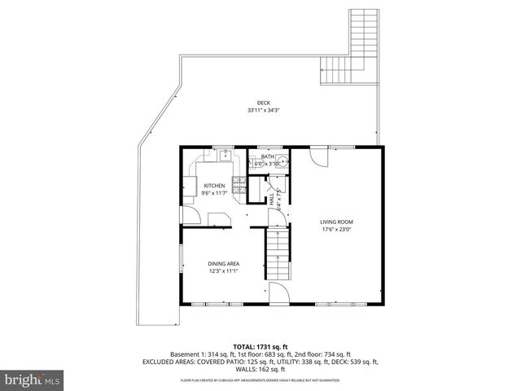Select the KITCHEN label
pos(214,186)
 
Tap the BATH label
pos(267,156)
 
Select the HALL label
pos(272,196)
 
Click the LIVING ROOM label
pos(335,222)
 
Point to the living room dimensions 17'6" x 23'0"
pos(335,229)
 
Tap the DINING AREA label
pos(222,263)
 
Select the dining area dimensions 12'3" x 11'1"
pos(222,270)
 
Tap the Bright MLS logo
pos(33,380)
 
